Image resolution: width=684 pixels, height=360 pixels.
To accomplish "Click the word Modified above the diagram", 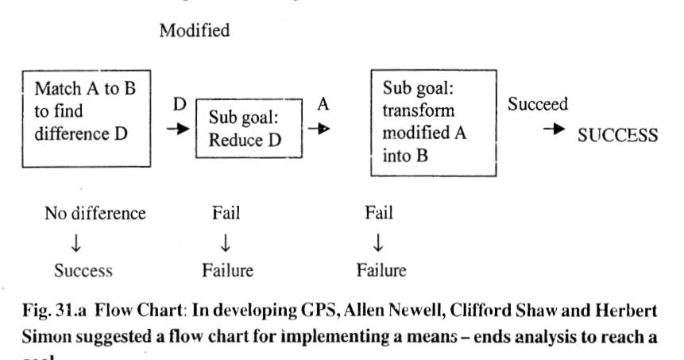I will click(195, 31).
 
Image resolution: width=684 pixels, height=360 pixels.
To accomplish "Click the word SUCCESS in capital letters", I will click(617, 135).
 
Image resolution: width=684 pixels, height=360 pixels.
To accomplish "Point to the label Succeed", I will click(538, 105).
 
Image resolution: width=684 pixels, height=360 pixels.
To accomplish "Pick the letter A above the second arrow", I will click(323, 103).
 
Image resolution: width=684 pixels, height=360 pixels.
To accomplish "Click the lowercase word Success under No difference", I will click(83, 270).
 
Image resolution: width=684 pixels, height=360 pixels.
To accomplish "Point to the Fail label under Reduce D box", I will click(226, 213).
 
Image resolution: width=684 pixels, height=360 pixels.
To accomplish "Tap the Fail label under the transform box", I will click(378, 213).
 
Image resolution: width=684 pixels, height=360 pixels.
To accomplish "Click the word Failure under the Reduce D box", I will click(227, 270).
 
